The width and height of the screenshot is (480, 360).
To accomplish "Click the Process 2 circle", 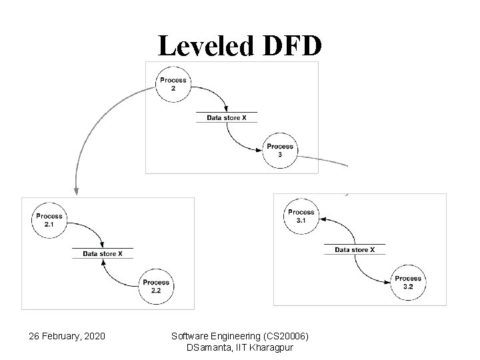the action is click(172, 84).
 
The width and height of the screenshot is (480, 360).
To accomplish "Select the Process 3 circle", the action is click(280, 150).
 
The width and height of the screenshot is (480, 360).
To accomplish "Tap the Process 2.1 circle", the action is click(49, 219).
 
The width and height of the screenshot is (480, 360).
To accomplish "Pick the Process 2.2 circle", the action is click(155, 285).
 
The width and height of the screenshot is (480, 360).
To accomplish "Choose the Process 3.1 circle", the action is click(301, 215).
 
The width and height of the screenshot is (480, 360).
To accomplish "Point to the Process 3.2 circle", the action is click(408, 282).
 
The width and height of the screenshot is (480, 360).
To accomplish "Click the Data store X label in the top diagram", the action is click(226, 117).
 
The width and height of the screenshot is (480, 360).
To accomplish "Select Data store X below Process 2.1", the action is click(102, 253).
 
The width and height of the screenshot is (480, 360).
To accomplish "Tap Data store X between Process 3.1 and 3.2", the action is click(355, 250).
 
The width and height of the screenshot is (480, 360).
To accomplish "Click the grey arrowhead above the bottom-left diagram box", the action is click(76, 191).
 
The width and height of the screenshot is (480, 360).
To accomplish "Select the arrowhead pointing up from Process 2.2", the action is click(103, 261).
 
